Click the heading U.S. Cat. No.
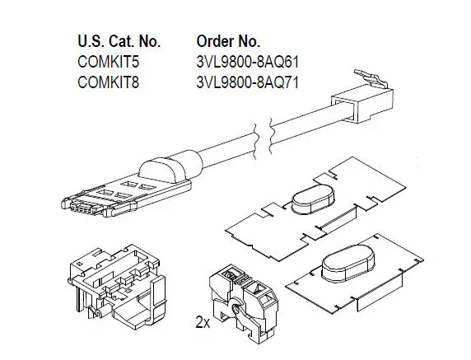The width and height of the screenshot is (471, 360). click(x=119, y=40)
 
